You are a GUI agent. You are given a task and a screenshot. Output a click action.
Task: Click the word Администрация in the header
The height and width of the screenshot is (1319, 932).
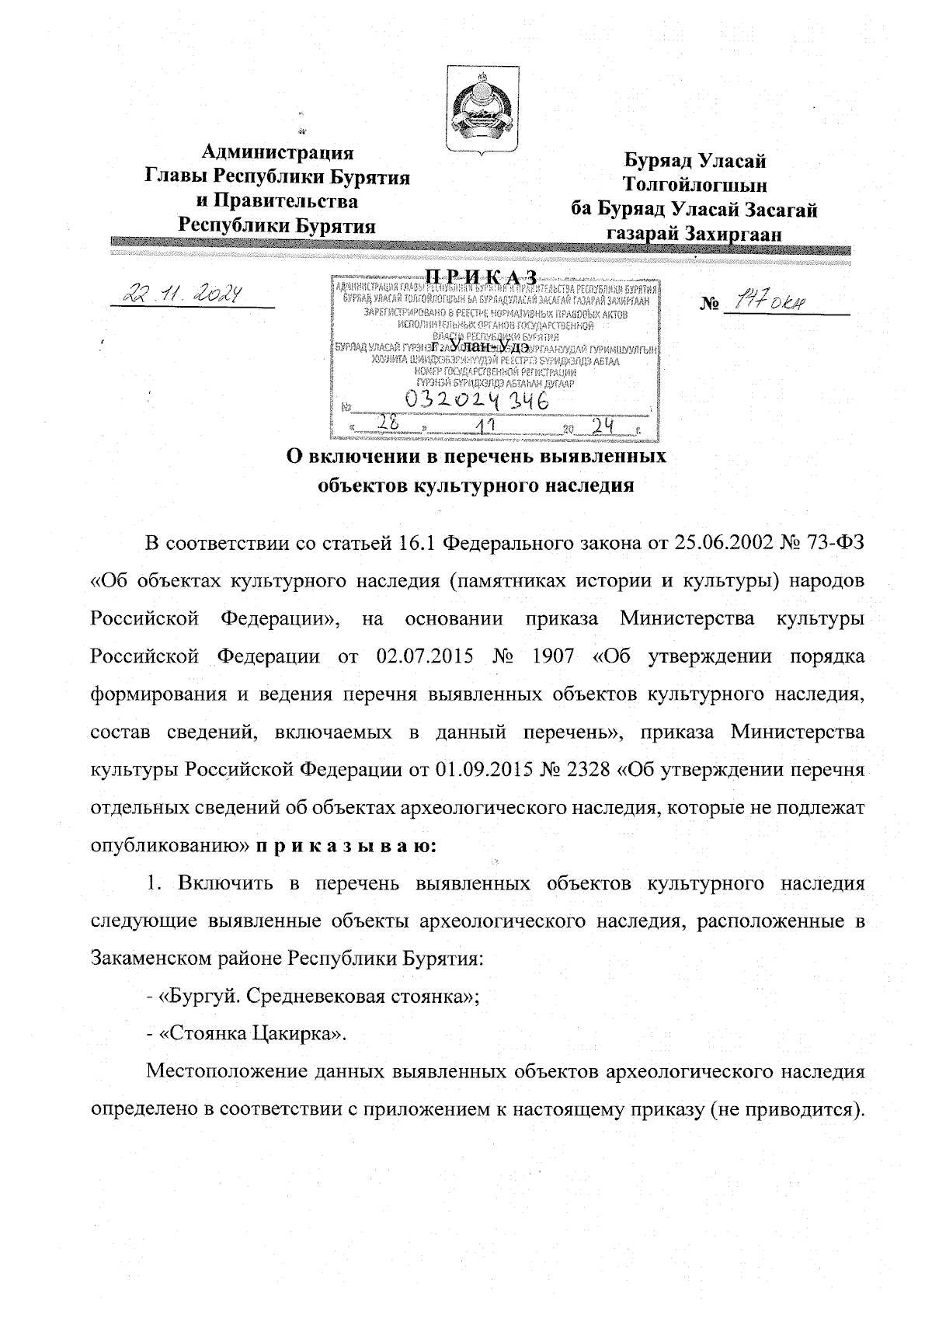pos(277,151)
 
